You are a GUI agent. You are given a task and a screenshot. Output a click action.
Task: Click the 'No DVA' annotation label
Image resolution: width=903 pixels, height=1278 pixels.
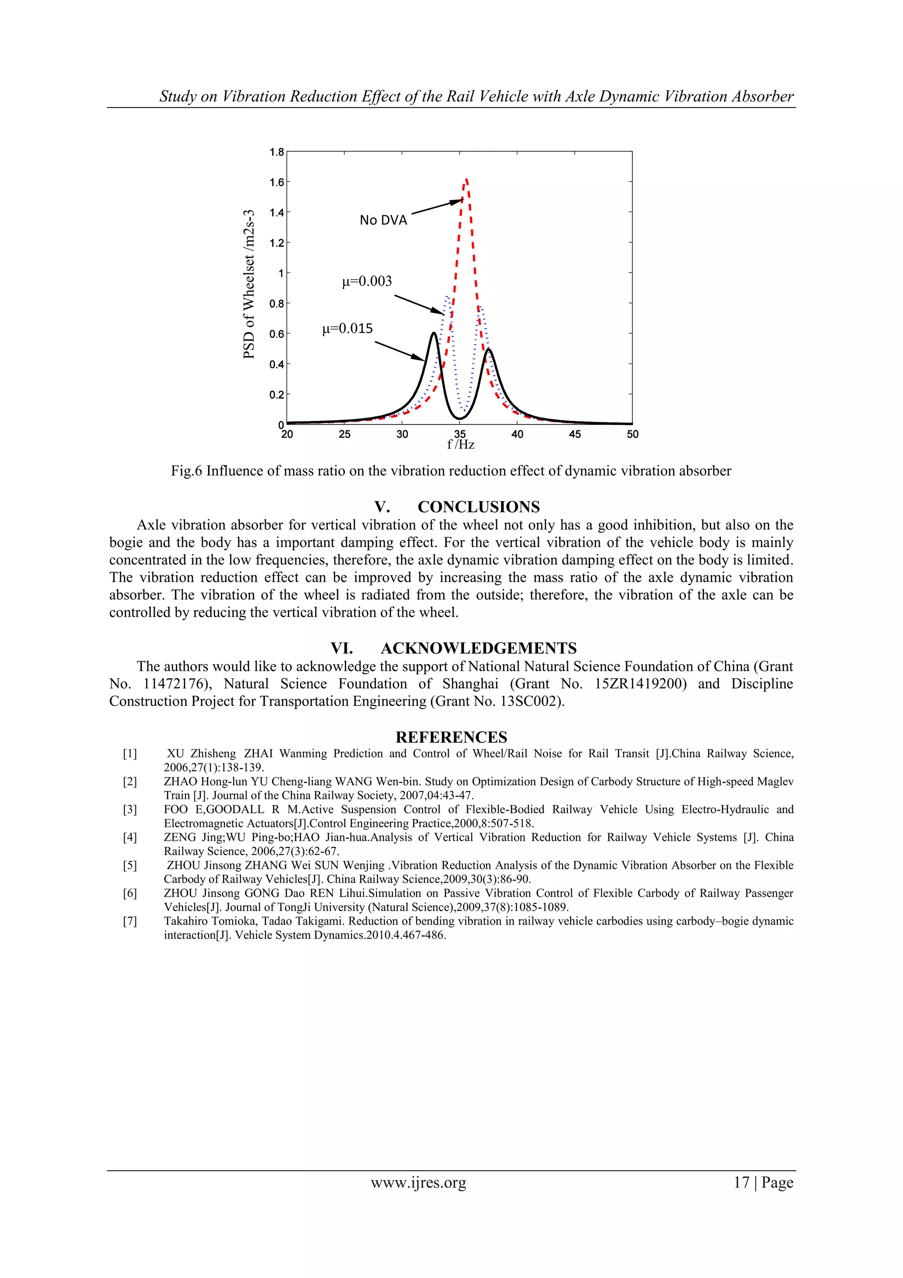[383, 221]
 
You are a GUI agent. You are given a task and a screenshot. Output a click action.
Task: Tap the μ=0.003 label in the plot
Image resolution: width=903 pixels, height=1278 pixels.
[367, 281]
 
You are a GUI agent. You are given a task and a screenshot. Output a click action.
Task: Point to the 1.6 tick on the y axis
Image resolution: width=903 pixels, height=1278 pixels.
[276, 183]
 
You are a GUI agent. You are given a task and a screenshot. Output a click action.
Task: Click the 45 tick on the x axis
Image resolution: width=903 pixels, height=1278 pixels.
[575, 434]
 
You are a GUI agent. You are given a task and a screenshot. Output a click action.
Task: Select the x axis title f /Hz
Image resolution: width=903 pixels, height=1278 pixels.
[461, 445]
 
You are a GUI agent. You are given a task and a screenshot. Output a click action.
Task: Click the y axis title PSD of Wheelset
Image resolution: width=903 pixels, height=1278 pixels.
[249, 284]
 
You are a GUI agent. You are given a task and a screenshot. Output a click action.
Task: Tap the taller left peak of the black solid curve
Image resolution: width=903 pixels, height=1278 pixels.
[433, 334]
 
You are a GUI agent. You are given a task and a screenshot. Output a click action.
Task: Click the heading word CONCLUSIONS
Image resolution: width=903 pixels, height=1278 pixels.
[478, 507]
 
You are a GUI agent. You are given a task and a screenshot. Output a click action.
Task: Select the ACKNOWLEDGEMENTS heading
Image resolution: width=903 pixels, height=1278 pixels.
[478, 648]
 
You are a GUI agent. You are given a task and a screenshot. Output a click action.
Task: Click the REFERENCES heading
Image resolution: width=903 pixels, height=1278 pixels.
[451, 738]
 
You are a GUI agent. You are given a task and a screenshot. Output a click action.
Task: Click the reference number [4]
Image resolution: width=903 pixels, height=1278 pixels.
[130, 838]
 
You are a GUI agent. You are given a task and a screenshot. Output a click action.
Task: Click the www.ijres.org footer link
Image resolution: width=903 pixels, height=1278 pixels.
[418, 1183]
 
